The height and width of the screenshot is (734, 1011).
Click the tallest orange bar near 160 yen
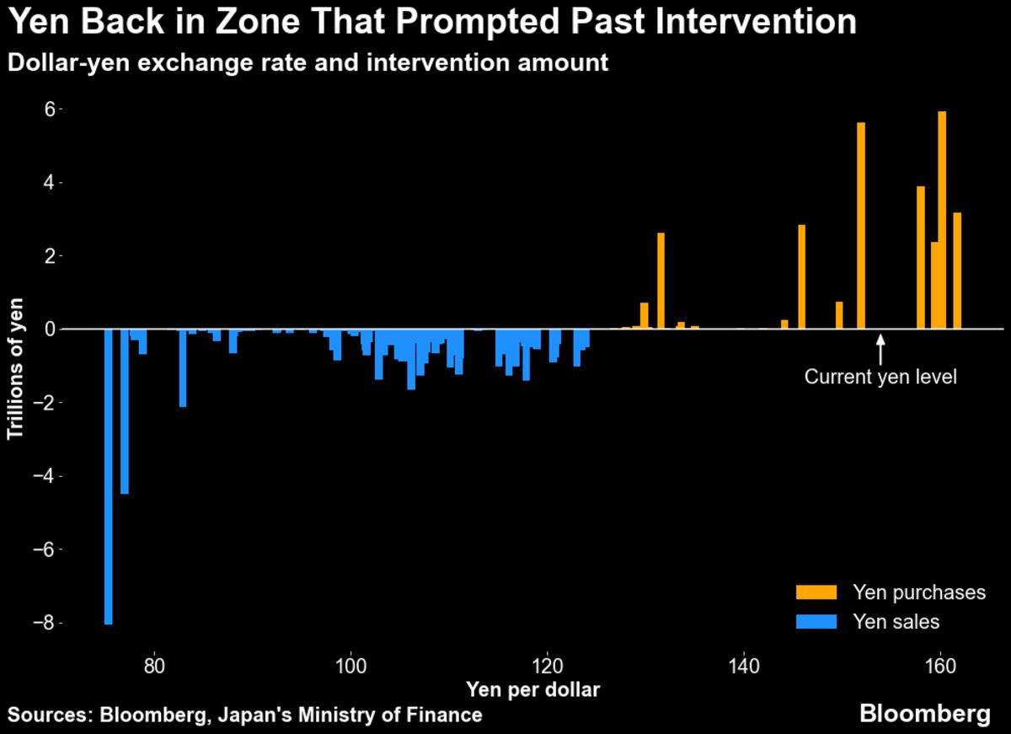pyautogui.click(x=942, y=219)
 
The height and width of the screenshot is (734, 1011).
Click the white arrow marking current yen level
pyautogui.click(x=880, y=350)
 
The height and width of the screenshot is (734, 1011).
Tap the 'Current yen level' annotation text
pyautogui.click(x=880, y=377)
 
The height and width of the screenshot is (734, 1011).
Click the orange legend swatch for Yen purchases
pyautogui.click(x=816, y=592)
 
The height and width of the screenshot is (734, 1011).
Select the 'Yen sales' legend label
pyautogui.click(x=896, y=623)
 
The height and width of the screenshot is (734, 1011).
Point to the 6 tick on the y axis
pyautogui.click(x=51, y=110)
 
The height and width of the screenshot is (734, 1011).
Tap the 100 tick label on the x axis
pyautogui.click(x=350, y=662)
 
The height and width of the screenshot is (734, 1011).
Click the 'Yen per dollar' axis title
pyautogui.click(x=532, y=690)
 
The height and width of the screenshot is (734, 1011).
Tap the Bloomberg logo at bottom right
pyautogui.click(x=924, y=714)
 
